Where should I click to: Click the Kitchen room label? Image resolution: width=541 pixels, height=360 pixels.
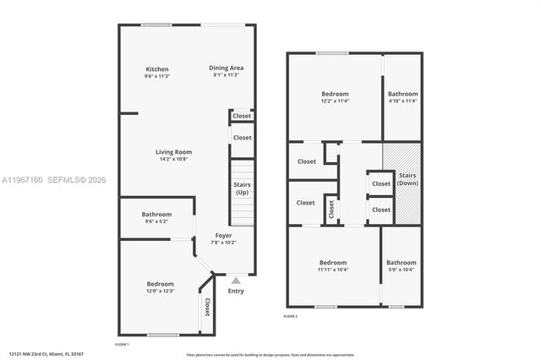tap(157, 69)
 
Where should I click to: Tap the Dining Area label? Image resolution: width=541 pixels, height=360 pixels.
tap(227, 68)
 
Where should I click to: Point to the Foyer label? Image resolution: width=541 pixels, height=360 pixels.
tap(223, 235)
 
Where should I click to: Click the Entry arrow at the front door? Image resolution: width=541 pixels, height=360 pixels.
tap(236, 280)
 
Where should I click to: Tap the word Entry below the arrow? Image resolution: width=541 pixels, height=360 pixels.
tap(236, 291)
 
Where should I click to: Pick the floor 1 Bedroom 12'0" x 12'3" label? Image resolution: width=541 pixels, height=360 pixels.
tap(161, 284)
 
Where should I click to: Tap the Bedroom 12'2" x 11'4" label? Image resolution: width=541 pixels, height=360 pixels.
tap(335, 93)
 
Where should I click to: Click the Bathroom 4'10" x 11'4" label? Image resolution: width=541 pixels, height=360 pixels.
tap(402, 94)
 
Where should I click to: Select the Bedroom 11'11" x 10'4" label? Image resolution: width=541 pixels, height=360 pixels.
tap(333, 262)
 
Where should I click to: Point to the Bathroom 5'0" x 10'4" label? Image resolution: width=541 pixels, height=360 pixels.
tap(402, 262)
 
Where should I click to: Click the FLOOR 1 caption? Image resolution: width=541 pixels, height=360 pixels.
tap(122, 345)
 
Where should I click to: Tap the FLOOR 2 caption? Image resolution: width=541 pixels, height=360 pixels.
tap(291, 316)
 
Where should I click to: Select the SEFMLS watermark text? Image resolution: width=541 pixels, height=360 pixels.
tap(74, 180)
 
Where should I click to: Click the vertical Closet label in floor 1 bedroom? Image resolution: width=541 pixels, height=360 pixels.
tap(207, 307)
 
